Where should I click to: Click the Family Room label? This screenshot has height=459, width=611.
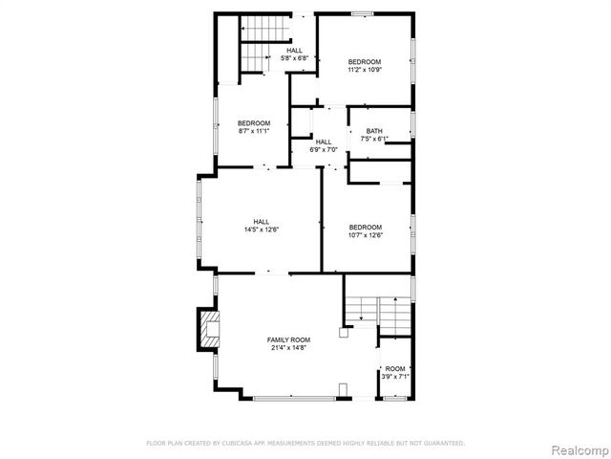(289, 339)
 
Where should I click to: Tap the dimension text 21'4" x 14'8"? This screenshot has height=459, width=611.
(289, 348)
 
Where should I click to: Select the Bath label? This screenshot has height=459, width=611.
(374, 131)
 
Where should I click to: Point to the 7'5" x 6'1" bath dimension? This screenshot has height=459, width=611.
(374, 140)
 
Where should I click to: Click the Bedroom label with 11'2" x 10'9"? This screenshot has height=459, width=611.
(365, 61)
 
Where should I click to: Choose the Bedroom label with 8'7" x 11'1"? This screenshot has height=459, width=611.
(254, 122)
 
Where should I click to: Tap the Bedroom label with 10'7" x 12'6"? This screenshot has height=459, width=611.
(365, 227)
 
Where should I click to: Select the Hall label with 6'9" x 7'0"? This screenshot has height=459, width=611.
(325, 142)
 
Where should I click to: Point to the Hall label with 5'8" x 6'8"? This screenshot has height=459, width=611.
(294, 50)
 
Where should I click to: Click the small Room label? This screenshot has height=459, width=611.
(395, 368)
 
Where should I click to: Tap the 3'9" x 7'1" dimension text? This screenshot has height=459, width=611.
(395, 377)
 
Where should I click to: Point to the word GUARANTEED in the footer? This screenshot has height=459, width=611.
(441, 443)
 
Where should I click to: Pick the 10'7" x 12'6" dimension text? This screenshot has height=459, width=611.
(365, 235)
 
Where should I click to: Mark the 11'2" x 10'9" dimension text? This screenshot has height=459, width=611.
(365, 70)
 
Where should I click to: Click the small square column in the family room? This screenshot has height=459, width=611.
(342, 334)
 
